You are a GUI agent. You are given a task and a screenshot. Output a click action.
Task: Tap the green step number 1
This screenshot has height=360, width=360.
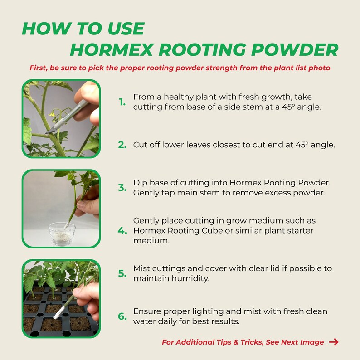122,102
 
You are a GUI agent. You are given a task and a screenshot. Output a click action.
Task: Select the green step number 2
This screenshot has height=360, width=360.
122,145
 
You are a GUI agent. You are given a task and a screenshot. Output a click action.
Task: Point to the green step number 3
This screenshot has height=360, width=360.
122,188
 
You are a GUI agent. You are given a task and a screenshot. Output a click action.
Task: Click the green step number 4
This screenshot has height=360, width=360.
122,230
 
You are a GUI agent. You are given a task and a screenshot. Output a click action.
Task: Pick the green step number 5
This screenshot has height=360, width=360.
122,273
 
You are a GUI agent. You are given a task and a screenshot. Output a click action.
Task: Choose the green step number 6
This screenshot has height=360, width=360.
122,316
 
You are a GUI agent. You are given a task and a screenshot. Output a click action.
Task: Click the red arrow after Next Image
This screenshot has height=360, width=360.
333,342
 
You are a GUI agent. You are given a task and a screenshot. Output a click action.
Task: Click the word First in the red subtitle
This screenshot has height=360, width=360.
39,68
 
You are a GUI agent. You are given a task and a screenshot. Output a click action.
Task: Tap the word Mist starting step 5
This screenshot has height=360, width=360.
141,268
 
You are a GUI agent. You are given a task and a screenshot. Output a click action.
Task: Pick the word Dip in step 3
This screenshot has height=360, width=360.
140,183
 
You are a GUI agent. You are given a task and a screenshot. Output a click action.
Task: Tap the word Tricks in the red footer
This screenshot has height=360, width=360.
249,342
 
